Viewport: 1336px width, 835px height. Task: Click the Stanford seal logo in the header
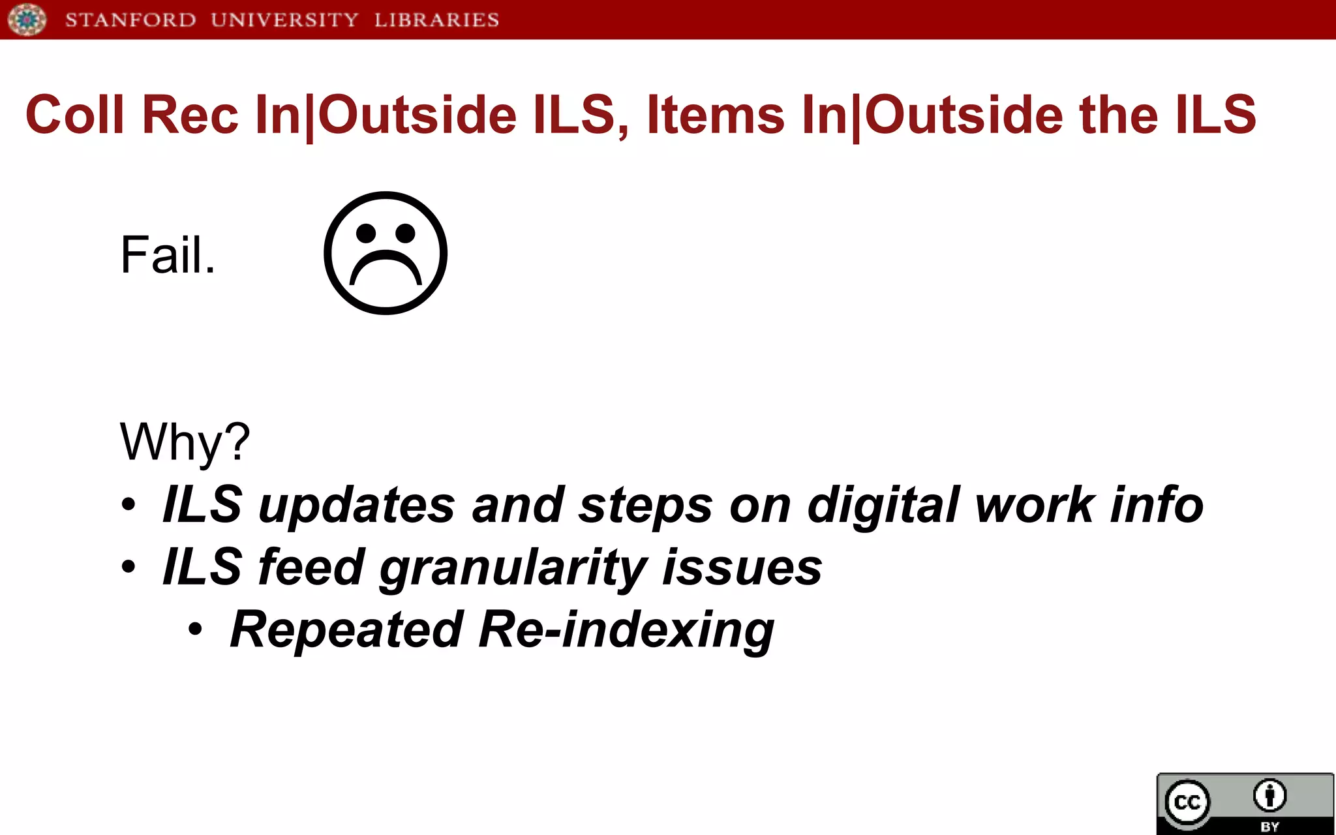(x=27, y=19)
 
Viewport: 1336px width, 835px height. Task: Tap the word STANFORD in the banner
(x=130, y=20)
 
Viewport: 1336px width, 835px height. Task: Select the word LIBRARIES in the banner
(x=436, y=20)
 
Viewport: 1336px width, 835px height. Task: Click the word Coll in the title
(x=74, y=115)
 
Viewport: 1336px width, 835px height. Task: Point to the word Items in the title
(x=716, y=115)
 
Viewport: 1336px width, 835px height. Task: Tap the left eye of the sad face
(x=366, y=232)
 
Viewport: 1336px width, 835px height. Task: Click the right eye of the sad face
(x=405, y=232)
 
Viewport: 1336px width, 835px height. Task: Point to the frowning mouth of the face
(x=386, y=267)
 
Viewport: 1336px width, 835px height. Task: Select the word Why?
(x=185, y=442)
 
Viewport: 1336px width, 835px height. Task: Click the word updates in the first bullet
(x=357, y=505)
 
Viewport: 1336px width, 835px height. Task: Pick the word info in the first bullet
(x=1156, y=505)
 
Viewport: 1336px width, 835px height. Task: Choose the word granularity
(x=513, y=568)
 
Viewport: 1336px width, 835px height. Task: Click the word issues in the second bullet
(x=742, y=568)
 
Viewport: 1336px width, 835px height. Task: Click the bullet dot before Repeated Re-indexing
(x=195, y=630)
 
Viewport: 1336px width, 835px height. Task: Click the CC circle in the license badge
(x=1187, y=802)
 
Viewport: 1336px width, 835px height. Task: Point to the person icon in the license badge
(x=1269, y=795)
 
